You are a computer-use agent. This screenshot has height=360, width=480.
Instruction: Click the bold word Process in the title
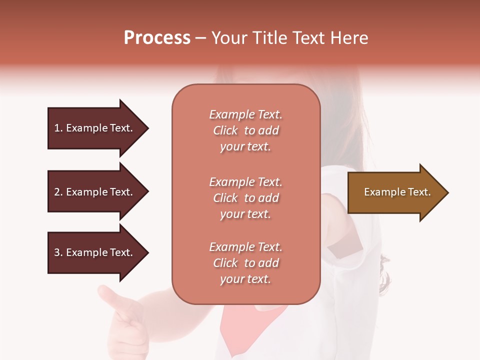(x=157, y=38)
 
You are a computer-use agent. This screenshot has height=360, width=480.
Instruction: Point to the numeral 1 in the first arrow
(x=57, y=128)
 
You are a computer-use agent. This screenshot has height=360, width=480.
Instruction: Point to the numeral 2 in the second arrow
(x=57, y=192)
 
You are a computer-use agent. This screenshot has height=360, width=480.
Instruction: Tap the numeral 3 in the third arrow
(x=57, y=252)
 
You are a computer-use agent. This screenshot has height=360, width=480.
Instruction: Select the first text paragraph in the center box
(x=245, y=130)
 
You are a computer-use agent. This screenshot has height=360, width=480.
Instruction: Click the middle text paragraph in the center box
(x=245, y=198)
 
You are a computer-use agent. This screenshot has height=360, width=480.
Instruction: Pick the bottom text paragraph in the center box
(x=245, y=263)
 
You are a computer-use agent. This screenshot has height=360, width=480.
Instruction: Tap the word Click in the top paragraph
(x=225, y=130)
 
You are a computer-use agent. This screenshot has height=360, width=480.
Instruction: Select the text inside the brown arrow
(x=397, y=192)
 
